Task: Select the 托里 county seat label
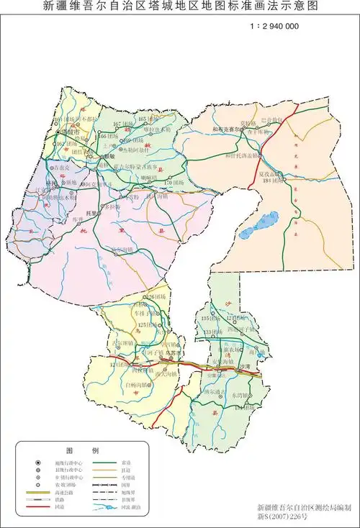point(92,213)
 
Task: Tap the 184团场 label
point(271,181)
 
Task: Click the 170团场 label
point(174,183)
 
